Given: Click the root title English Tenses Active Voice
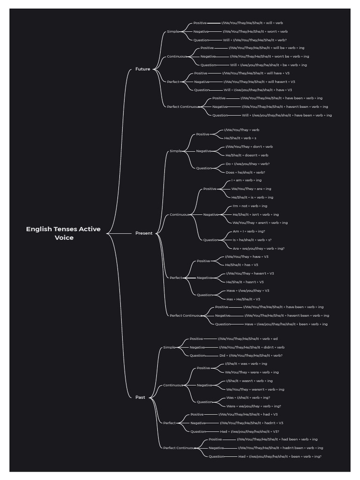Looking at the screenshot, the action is pyautogui.click(x=63, y=233).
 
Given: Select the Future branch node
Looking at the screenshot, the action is pyautogui.click(x=142, y=69).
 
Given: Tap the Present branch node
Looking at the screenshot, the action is pyautogui.click(x=144, y=233).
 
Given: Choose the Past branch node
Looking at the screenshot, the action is pyautogui.click(x=140, y=397).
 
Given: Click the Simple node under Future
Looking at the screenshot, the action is pyautogui.click(x=172, y=31).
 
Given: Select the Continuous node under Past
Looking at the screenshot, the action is pyautogui.click(x=173, y=385).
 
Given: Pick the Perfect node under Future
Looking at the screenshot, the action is pyautogui.click(x=172, y=82).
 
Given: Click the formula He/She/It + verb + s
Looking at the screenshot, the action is pyautogui.click(x=240, y=138).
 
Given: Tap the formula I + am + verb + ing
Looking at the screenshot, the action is pyautogui.click(x=246, y=180).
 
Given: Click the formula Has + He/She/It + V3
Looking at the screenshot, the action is pyautogui.click(x=243, y=299).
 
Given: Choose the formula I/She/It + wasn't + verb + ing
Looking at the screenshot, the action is pyautogui.click(x=249, y=381).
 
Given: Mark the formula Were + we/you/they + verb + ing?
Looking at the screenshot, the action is pyautogui.click(x=254, y=406).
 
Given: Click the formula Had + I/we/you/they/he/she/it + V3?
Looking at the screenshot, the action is pyautogui.click(x=249, y=431).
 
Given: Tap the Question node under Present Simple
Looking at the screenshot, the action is pyautogui.click(x=203, y=168).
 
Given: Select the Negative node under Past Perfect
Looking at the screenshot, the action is pyautogui.click(x=197, y=423).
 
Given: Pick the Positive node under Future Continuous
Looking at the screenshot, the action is pyautogui.click(x=207, y=48).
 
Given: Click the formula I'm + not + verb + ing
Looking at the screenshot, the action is pyautogui.click(x=250, y=206).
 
